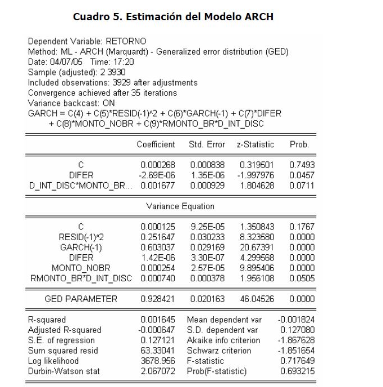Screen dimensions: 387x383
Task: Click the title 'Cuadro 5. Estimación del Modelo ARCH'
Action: point(174,16)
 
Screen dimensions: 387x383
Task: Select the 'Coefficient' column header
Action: point(156,145)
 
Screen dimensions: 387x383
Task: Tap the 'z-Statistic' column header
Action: point(256,145)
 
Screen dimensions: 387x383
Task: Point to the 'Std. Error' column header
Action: point(207,145)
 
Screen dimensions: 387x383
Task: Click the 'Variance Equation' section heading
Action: point(180,206)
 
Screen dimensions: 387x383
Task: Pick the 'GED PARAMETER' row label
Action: point(81,299)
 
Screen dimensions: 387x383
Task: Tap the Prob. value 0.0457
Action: point(302,175)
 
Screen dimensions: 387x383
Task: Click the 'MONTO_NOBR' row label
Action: point(81,268)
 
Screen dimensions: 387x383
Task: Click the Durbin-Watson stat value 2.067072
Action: point(158,371)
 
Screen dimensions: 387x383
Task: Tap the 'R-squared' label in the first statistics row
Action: point(47,319)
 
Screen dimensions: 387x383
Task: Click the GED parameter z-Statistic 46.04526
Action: point(256,299)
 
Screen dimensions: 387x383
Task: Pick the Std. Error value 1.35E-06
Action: point(208,175)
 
